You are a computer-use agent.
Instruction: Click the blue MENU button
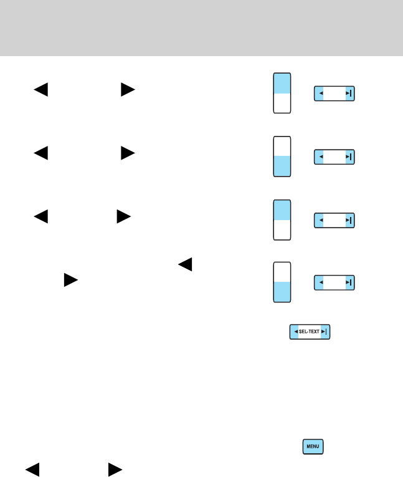pyautogui.click(x=313, y=446)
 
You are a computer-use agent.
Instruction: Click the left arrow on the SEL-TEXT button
pyautogui.click(x=295, y=332)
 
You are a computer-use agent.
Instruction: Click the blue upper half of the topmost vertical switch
pyautogui.click(x=282, y=84)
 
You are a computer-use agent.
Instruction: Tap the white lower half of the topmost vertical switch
pyautogui.click(x=282, y=104)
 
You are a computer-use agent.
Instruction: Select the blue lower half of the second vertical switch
pyautogui.click(x=282, y=166)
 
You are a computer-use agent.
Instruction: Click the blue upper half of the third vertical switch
pyautogui.click(x=282, y=210)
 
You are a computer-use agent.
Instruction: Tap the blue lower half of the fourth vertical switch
pyautogui.click(x=282, y=292)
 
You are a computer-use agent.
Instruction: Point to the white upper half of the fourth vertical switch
pyautogui.click(x=282, y=272)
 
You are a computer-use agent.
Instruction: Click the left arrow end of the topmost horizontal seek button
pyautogui.click(x=321, y=94)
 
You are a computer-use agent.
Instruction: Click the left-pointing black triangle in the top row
pyautogui.click(x=40, y=90)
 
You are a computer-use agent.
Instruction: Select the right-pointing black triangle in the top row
pyautogui.click(x=128, y=90)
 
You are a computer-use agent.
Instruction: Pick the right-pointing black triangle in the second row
pyautogui.click(x=128, y=153)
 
